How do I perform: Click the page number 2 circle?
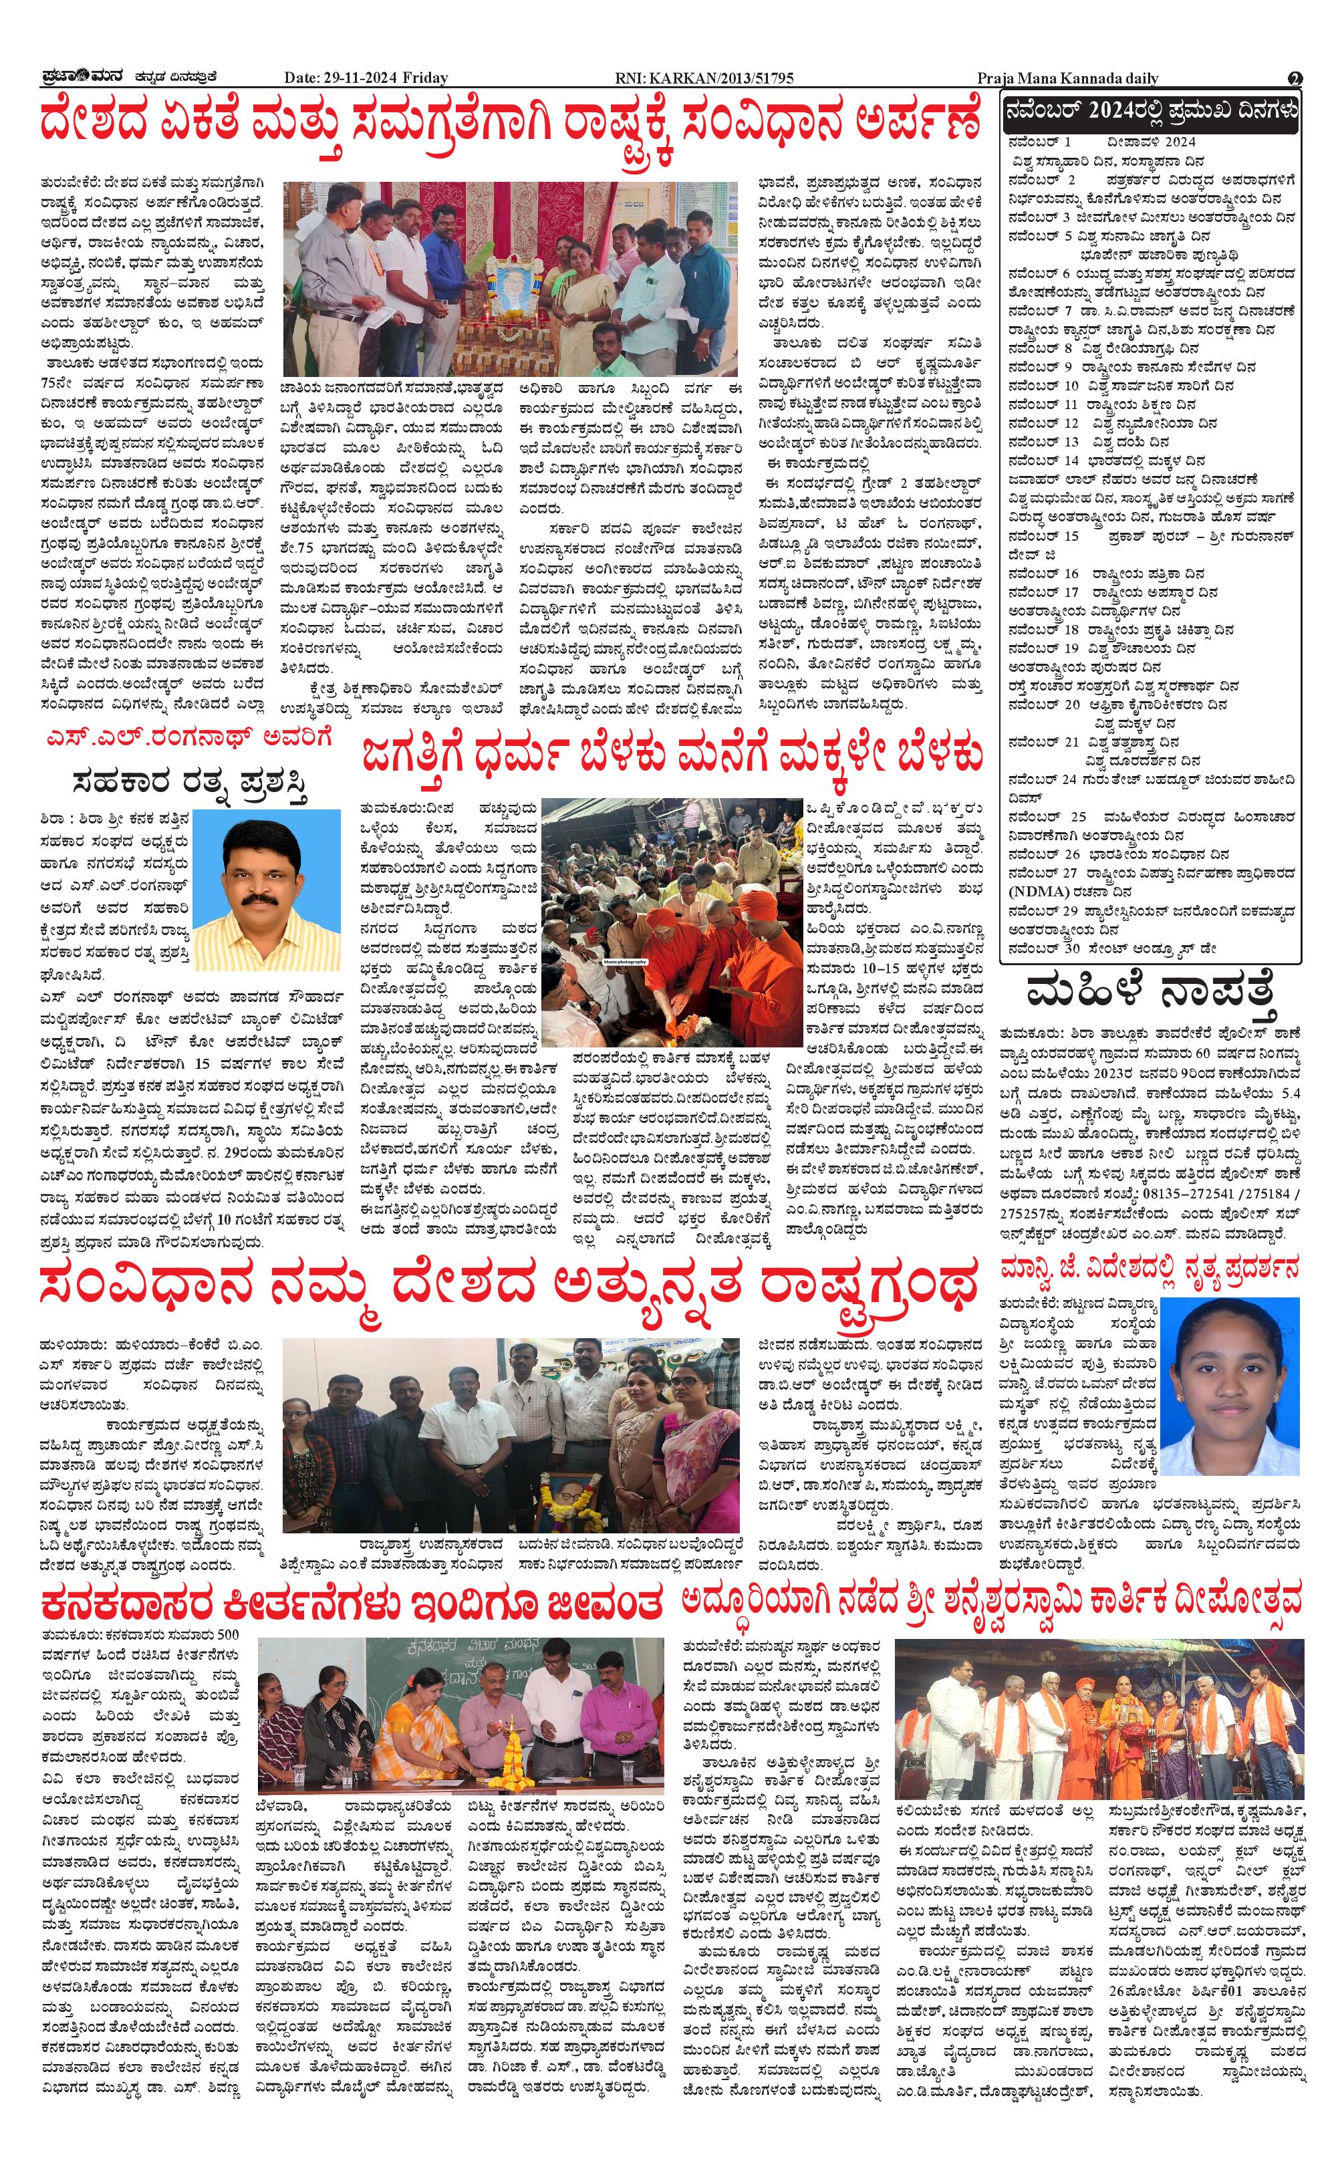(x=1295, y=78)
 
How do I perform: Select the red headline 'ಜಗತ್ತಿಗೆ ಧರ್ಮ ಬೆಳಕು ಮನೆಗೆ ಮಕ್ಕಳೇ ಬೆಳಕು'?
(x=671, y=756)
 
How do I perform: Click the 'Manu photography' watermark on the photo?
(x=627, y=961)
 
